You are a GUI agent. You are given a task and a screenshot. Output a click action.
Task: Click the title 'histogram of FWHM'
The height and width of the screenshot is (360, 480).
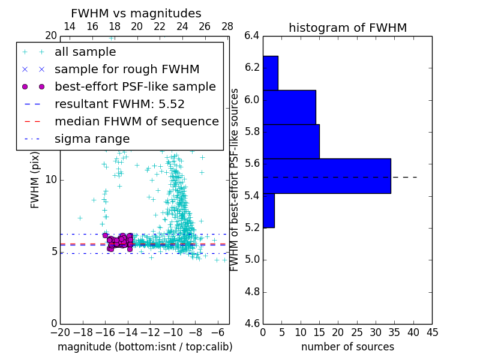tap(347, 28)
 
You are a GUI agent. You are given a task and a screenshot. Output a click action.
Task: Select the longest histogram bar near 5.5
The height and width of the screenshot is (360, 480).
tap(327, 176)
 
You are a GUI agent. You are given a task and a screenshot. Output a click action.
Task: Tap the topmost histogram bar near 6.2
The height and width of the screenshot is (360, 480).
tap(271, 73)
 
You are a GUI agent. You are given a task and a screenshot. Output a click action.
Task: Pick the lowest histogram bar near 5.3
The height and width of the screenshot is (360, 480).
tap(269, 211)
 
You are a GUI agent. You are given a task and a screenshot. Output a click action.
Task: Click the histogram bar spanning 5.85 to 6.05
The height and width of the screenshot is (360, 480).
tap(289, 107)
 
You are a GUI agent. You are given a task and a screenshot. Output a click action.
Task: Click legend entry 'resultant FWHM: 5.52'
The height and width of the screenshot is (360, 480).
tap(119, 104)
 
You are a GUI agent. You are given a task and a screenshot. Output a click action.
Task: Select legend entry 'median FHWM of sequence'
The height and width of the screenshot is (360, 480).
tap(136, 121)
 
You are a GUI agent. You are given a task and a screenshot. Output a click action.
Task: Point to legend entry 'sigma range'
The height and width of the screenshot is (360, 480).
tap(92, 139)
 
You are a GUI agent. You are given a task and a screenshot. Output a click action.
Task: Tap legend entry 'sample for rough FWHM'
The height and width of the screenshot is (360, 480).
tap(127, 69)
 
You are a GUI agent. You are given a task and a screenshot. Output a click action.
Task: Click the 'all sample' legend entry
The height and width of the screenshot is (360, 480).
tap(85, 52)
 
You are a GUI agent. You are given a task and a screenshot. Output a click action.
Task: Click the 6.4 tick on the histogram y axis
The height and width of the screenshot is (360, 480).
tap(251, 35)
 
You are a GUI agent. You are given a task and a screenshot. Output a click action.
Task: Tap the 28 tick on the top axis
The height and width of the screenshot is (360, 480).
tap(227, 26)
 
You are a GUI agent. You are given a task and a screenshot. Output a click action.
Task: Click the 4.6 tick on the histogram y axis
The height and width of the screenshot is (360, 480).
tap(251, 324)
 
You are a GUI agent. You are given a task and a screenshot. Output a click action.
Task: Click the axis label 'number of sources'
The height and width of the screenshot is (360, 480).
tap(347, 347)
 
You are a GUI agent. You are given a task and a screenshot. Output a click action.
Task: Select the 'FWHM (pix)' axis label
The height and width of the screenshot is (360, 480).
tap(35, 180)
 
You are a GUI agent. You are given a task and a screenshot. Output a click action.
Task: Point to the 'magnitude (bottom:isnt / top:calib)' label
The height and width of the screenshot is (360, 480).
tap(145, 347)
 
